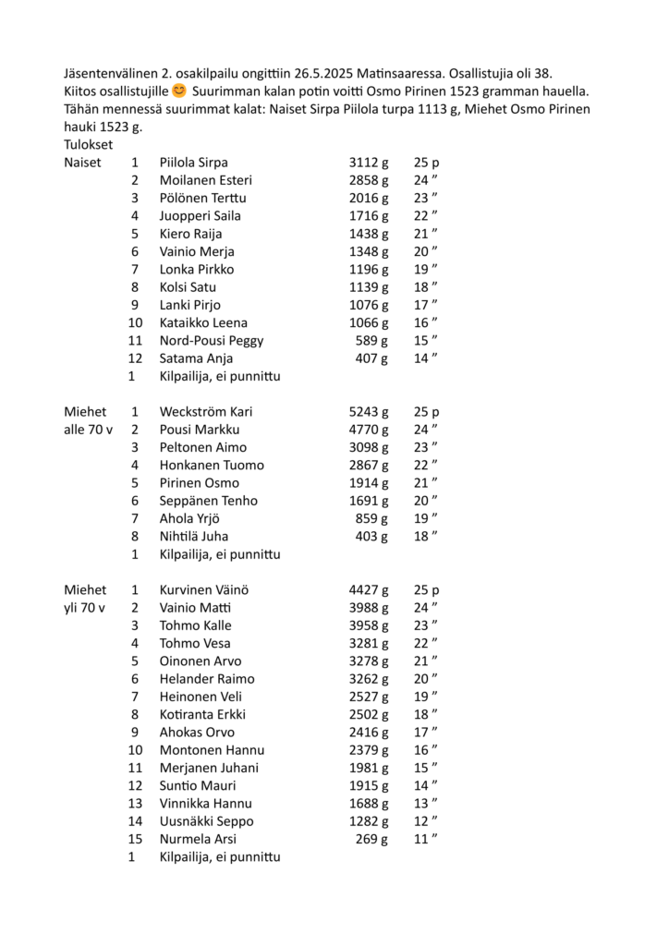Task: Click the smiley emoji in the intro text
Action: click(179, 91)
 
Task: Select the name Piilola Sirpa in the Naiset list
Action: click(193, 163)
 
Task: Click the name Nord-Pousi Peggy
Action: click(212, 340)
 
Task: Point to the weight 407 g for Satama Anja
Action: click(372, 358)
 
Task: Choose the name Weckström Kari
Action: click(205, 412)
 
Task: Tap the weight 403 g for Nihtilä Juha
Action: click(372, 537)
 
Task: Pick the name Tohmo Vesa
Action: click(195, 643)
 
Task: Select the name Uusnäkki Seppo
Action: click(206, 821)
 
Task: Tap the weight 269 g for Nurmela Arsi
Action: click(372, 839)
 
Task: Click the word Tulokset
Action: click(89, 145)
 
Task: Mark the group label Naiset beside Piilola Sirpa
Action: click(82, 163)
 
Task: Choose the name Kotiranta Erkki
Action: click(202, 714)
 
